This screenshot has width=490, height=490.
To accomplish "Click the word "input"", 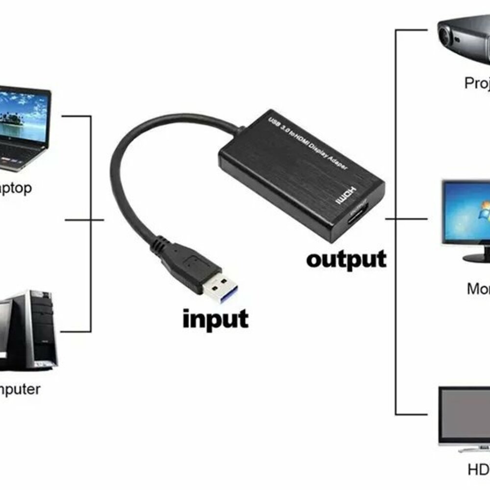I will [x=216, y=319].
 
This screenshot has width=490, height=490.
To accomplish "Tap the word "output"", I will [x=346, y=259].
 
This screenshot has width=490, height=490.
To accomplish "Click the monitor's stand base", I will [x=478, y=258].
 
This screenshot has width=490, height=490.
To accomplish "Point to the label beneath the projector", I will [x=477, y=83].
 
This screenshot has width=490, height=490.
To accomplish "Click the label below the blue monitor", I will [x=478, y=289].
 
